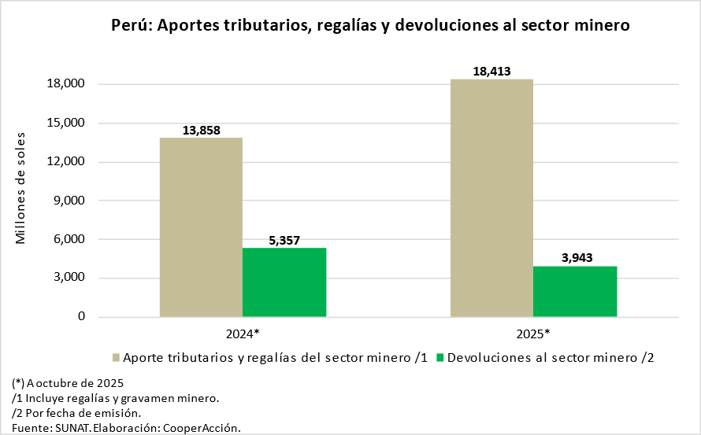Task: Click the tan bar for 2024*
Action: click(201, 227)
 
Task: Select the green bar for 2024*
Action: click(284, 282)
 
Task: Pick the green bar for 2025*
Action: click(575, 291)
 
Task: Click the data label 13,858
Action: click(202, 130)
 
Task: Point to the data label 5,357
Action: click(284, 240)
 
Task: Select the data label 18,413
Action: click(492, 72)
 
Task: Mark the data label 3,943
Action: click(574, 258)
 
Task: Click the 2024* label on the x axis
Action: click(243, 334)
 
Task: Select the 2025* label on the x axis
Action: click(533, 334)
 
